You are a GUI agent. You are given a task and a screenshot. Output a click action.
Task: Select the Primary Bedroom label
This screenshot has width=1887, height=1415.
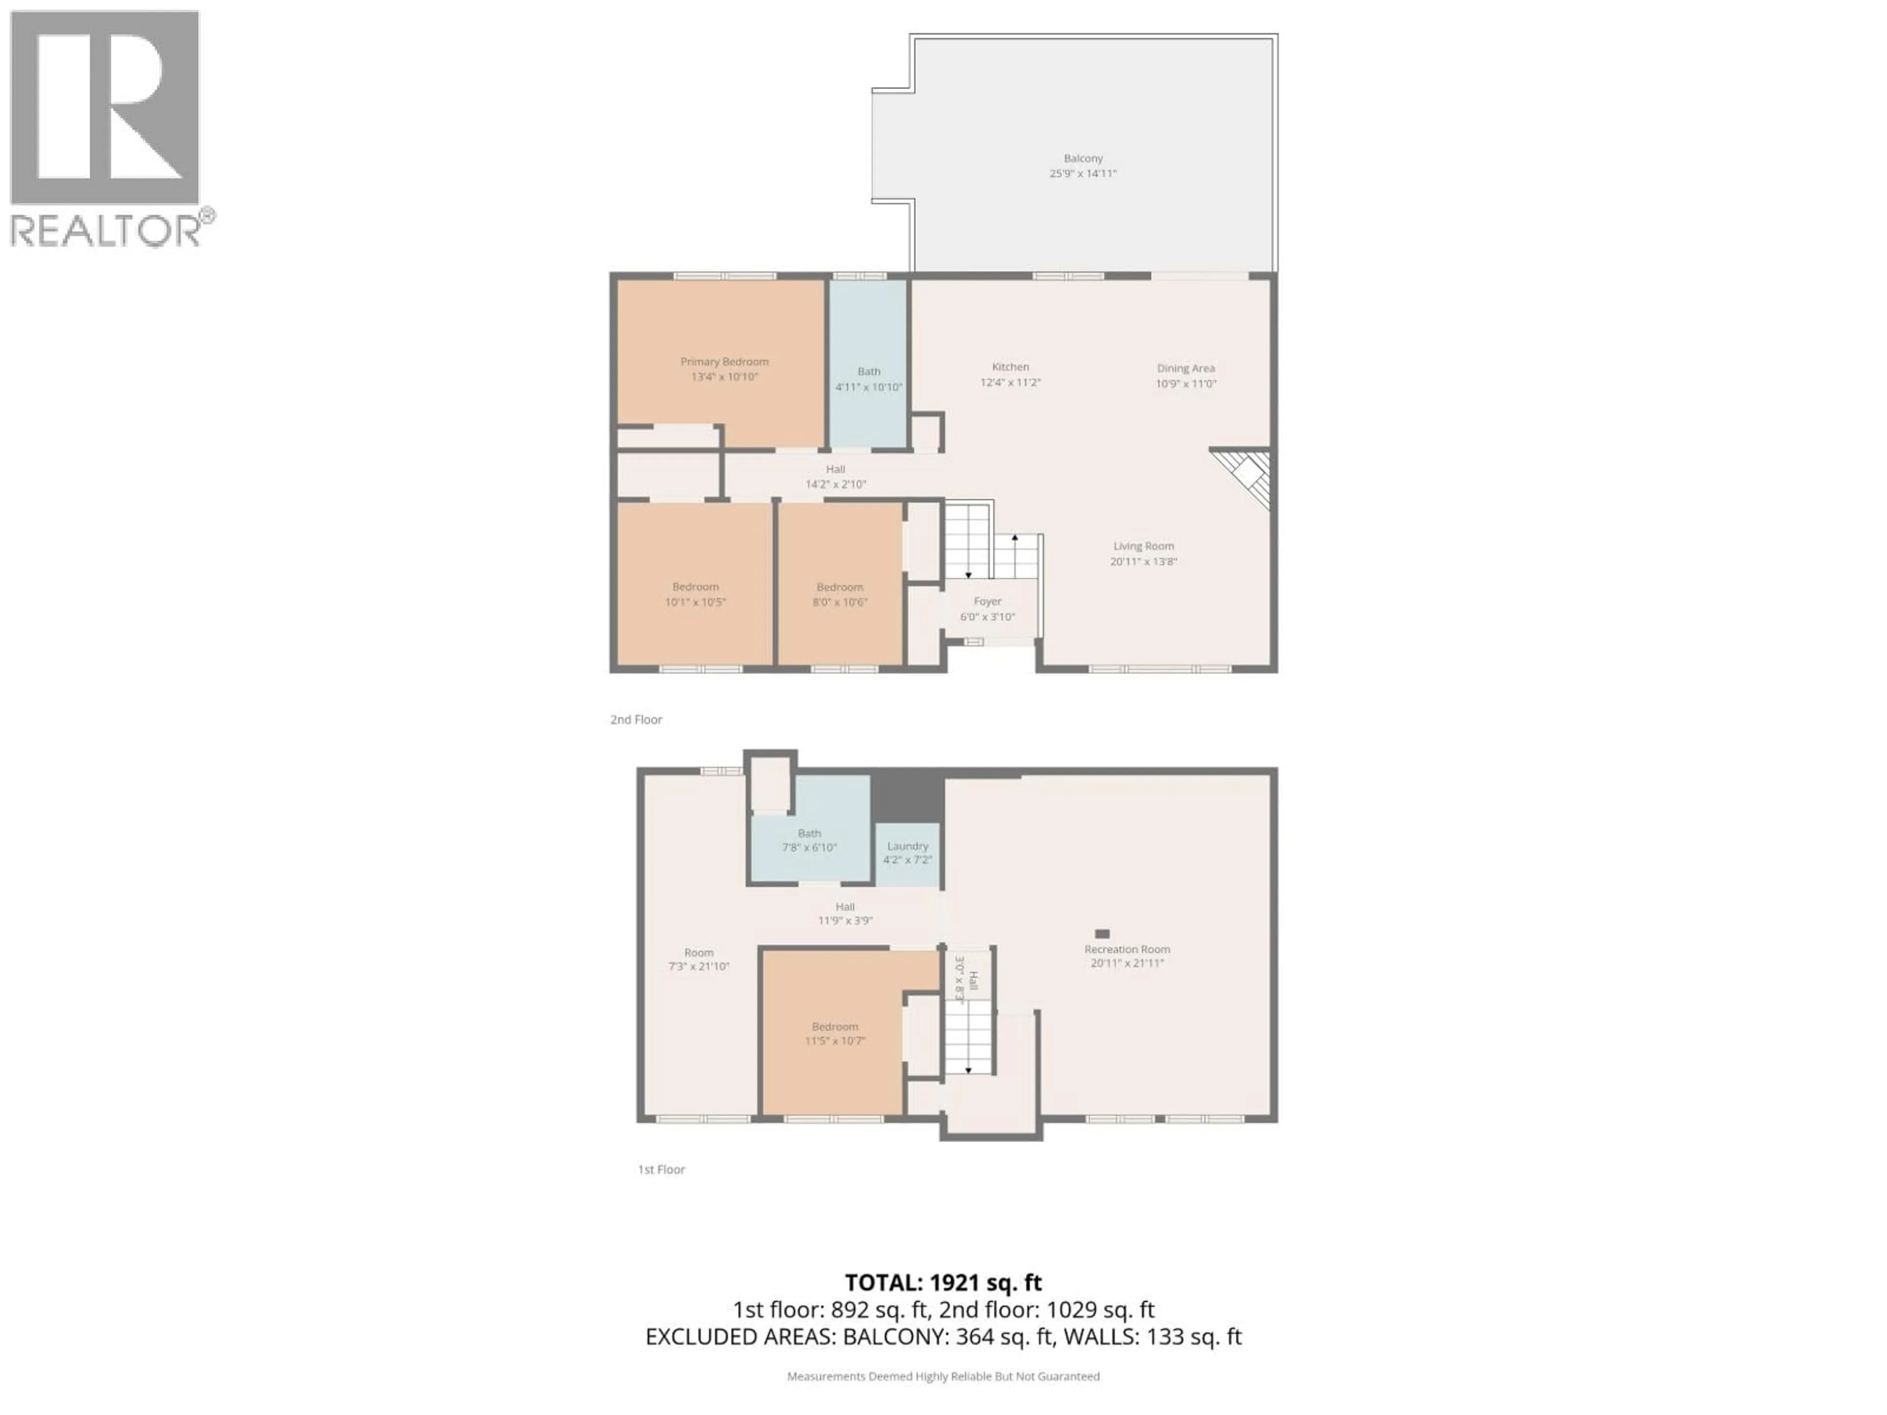coord(724,362)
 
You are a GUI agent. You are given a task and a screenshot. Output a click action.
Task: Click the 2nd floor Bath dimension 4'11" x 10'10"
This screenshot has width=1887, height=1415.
coord(868,386)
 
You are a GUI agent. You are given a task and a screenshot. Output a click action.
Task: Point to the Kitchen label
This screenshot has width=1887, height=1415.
coord(1010,367)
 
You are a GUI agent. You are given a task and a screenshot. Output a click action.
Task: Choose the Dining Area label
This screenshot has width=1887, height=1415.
coord(1185,368)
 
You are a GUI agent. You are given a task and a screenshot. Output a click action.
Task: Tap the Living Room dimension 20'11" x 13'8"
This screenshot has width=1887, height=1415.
coord(1143,561)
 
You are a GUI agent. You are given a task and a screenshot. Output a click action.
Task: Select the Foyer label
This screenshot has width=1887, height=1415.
coord(987,601)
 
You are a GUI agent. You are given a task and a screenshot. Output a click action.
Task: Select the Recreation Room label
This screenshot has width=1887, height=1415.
coord(1126,949)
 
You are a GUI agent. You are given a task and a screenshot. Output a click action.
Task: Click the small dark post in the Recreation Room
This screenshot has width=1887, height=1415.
coord(1102,934)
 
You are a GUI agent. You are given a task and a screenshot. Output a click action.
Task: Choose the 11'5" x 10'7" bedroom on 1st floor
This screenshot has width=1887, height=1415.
coord(834,1033)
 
